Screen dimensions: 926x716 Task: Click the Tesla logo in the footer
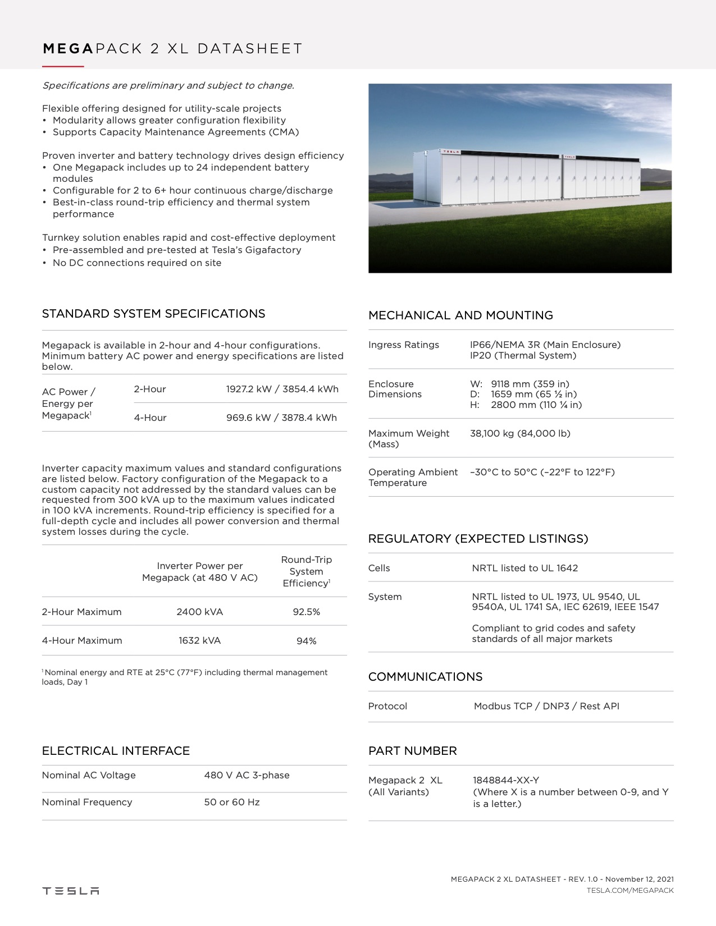tap(71, 891)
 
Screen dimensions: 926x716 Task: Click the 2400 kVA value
tap(199, 612)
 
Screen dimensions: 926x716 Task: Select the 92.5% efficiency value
tap(306, 612)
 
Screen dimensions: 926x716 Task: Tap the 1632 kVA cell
tap(199, 640)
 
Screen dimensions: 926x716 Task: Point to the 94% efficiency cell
tap(306, 641)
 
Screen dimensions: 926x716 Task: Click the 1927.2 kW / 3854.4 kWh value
tap(282, 389)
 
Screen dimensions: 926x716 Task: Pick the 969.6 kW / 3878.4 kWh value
tap(281, 418)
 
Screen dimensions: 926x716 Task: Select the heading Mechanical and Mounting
tap(460, 315)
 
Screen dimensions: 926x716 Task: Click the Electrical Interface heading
tap(116, 751)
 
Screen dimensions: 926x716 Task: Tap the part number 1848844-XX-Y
tap(506, 780)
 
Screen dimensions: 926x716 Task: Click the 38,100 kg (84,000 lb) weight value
tap(520, 433)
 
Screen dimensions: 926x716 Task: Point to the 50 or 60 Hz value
tap(232, 802)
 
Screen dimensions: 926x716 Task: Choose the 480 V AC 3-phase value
tap(247, 775)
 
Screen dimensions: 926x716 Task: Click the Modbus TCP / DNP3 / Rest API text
tap(546, 706)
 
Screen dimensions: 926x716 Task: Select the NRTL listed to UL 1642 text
tap(525, 568)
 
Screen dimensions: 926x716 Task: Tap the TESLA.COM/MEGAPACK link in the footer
tap(630, 890)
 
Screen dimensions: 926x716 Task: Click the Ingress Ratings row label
tap(404, 345)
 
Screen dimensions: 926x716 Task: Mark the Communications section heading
tap(425, 677)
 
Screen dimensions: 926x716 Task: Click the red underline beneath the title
tap(63, 67)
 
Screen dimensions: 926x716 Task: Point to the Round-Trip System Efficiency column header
tap(306, 571)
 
